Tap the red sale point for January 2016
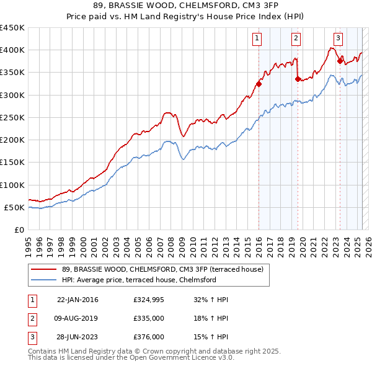259,84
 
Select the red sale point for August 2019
298,79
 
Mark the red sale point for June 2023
340,61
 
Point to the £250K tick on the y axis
12,117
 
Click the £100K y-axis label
12,185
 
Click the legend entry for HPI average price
138,280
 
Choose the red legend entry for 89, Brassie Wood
163,269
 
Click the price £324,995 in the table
148,300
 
